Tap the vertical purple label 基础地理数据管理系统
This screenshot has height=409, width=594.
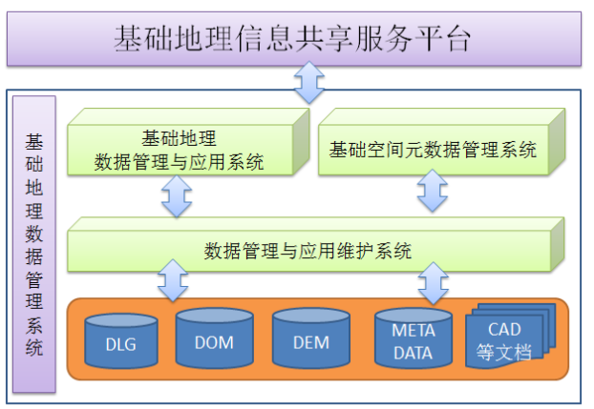point(33,243)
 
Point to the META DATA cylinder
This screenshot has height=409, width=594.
point(414,340)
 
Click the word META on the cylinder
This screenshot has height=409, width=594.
point(414,331)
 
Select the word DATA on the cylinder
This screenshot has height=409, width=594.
point(414,352)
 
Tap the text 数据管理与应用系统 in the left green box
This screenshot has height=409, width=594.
point(180,161)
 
